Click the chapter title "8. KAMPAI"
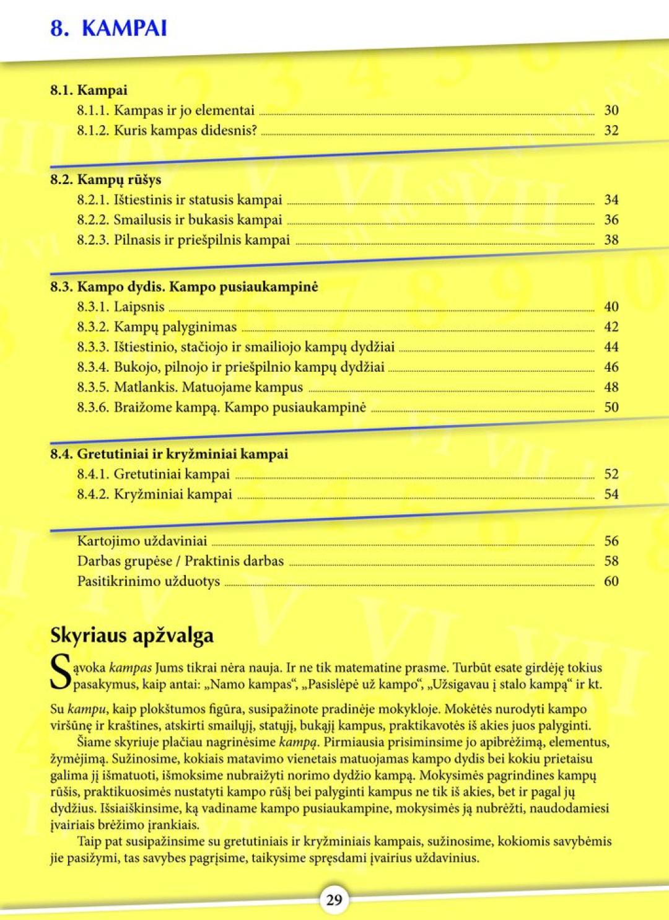pyautogui.click(x=108, y=28)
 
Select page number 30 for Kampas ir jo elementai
pyautogui.click(x=611, y=110)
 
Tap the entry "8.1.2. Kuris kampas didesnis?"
pyautogui.click(x=167, y=131)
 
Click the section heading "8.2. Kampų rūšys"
pyautogui.click(x=105, y=180)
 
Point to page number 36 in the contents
pyautogui.click(x=611, y=220)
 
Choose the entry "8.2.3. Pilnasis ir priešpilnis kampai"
pyautogui.click(x=183, y=240)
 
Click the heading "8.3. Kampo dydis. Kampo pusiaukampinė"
pyautogui.click(x=184, y=287)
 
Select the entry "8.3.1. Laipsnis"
pyautogui.click(x=121, y=307)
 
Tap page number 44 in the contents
pyautogui.click(x=611, y=347)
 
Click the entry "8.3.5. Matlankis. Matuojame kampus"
pyautogui.click(x=190, y=387)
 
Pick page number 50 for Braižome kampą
pyautogui.click(x=611, y=407)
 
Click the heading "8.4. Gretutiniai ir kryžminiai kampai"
pyautogui.click(x=169, y=454)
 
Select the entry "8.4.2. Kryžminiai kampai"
pyautogui.click(x=154, y=494)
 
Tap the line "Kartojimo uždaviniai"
pyautogui.click(x=142, y=541)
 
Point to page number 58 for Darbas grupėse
pyautogui.click(x=611, y=561)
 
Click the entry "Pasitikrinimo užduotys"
pyautogui.click(x=148, y=581)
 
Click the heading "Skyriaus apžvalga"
pyautogui.click(x=132, y=636)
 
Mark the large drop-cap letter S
pyautogui.click(x=60, y=674)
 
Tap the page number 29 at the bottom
pyautogui.click(x=334, y=900)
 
